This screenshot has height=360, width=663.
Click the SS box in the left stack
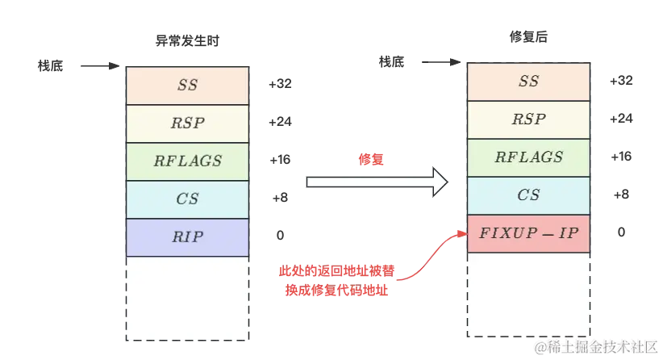tap(187, 85)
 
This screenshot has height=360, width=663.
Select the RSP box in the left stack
tap(187, 123)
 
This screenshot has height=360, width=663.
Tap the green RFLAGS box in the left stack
tap(187, 161)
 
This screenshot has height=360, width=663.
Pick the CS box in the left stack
tap(187, 199)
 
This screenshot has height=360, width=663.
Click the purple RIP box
tap(187, 237)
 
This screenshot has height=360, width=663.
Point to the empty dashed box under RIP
tap(187, 298)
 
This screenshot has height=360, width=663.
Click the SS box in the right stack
tap(528, 82)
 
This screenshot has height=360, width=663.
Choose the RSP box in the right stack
tap(528, 119)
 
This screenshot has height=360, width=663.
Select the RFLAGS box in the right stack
tap(528, 157)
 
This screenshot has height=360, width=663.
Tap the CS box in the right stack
tap(528, 195)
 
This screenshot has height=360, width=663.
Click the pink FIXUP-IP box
tap(528, 233)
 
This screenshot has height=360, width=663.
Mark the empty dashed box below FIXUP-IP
tap(528, 294)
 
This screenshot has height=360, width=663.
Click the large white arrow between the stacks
tap(376, 182)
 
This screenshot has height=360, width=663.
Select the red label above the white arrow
tap(372, 159)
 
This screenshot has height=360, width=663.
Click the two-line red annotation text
tap(337, 280)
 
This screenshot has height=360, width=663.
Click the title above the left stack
tap(187, 42)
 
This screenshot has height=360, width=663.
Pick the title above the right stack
tap(529, 36)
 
